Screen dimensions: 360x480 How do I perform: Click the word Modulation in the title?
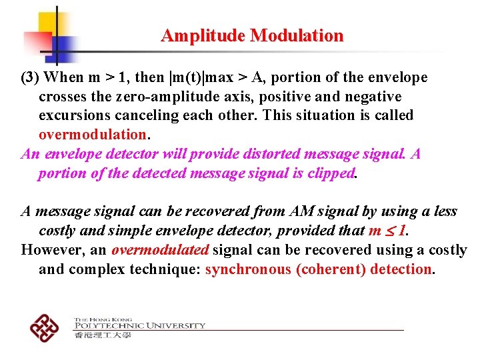[x=297, y=36]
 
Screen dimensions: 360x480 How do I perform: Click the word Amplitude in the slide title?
[x=203, y=36]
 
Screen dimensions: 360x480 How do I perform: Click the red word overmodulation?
[x=92, y=135]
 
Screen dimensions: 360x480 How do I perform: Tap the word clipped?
[x=330, y=173]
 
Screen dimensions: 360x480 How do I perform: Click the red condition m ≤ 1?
[x=386, y=231]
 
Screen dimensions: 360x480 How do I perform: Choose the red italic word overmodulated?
[x=160, y=250]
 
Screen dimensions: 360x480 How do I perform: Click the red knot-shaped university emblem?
[x=45, y=326]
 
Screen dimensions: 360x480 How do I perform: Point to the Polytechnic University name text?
[x=139, y=325]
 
